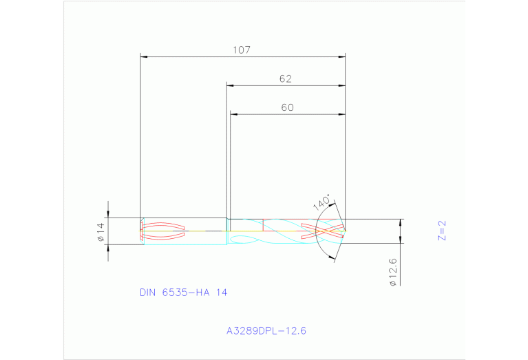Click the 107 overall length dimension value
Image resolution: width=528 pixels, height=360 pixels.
click(241, 50)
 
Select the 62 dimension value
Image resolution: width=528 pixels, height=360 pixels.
click(286, 78)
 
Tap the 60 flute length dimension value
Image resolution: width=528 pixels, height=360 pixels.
click(287, 107)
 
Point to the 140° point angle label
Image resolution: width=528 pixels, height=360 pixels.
click(321, 203)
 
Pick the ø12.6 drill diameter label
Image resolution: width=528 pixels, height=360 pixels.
click(392, 272)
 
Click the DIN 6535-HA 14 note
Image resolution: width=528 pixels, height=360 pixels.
click(183, 293)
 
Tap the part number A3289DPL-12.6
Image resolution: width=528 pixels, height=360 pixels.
click(266, 330)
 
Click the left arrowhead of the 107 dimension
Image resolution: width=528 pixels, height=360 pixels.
click(144, 56)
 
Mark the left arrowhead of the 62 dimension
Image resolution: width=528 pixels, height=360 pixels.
click(231, 85)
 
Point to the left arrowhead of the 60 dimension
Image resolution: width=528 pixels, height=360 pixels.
click(233, 114)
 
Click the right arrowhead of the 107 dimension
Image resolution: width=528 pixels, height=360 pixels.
click(341, 56)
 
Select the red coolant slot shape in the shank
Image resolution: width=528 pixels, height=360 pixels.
click(163, 231)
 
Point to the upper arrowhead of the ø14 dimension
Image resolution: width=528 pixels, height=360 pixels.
click(108, 215)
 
